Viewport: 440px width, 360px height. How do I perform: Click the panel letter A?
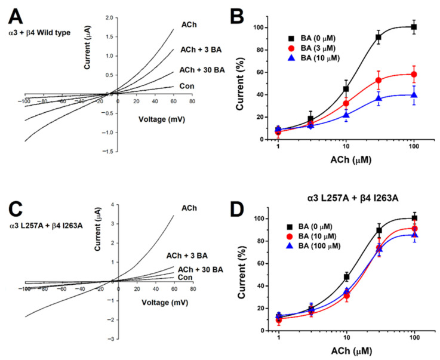pyautogui.click(x=14, y=14)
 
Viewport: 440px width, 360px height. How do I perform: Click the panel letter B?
pyautogui.click(x=242, y=14)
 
